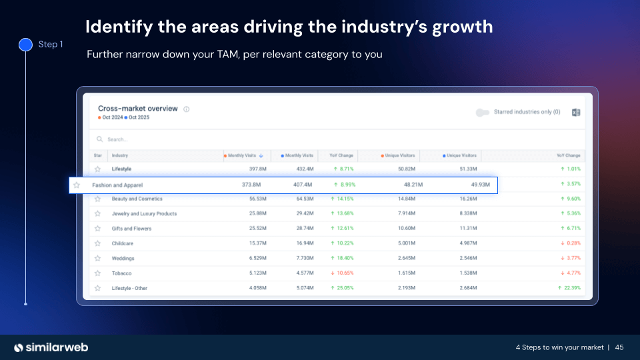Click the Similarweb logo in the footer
point(51,347)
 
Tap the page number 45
point(619,347)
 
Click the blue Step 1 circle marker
point(25,45)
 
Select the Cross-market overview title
point(138,109)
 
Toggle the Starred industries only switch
point(483,112)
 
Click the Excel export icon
point(576,112)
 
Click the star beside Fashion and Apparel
point(77,185)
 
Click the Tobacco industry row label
point(121,273)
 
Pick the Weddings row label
point(123,259)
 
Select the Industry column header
point(120,155)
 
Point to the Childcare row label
point(122,243)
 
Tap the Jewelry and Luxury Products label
point(144,214)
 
